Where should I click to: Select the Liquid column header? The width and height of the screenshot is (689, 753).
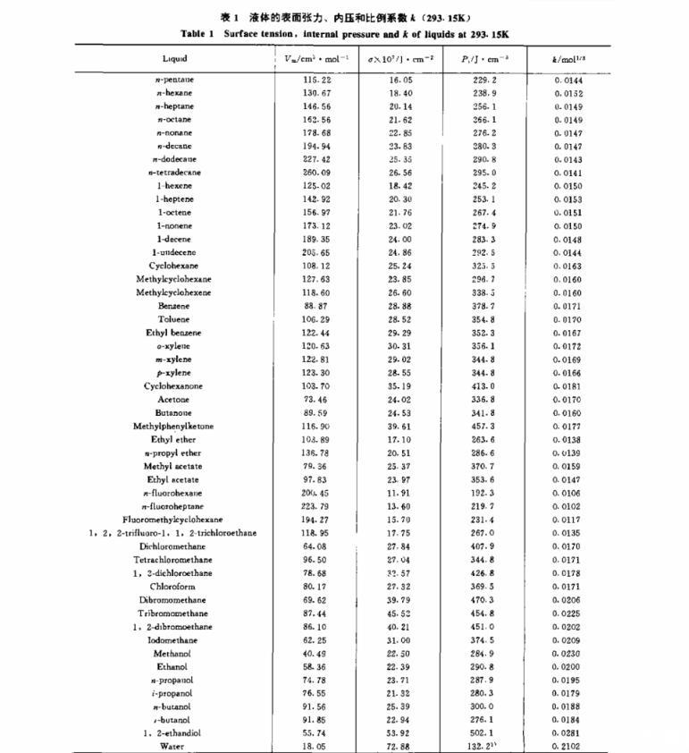coord(174,59)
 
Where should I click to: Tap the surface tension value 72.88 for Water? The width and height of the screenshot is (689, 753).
coord(399,746)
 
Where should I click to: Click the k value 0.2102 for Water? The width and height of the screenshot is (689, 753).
coord(568,746)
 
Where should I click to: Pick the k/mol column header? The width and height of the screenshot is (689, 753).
coord(568,59)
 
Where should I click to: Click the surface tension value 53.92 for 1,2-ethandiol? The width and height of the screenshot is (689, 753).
coord(399,732)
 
